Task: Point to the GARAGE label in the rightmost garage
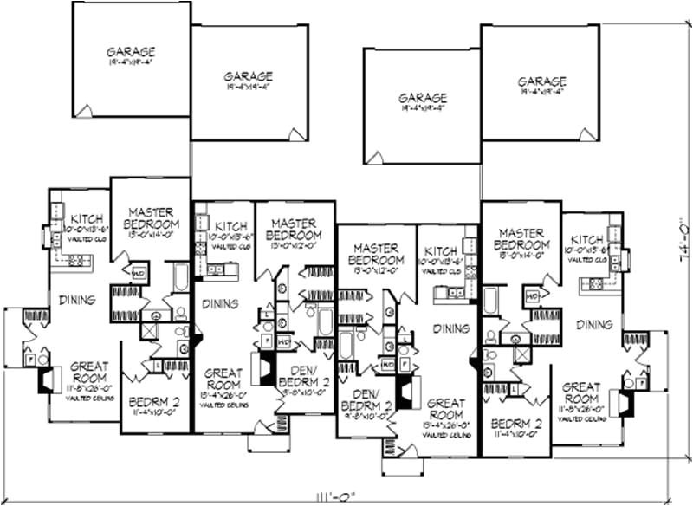tap(541, 82)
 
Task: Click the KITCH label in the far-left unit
tap(87, 217)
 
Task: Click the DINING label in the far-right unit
tap(593, 325)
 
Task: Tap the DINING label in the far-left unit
tap(77, 301)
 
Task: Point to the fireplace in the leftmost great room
tap(45, 379)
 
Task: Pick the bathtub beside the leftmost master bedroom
tap(181, 278)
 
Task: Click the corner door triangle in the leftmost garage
tap(84, 111)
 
